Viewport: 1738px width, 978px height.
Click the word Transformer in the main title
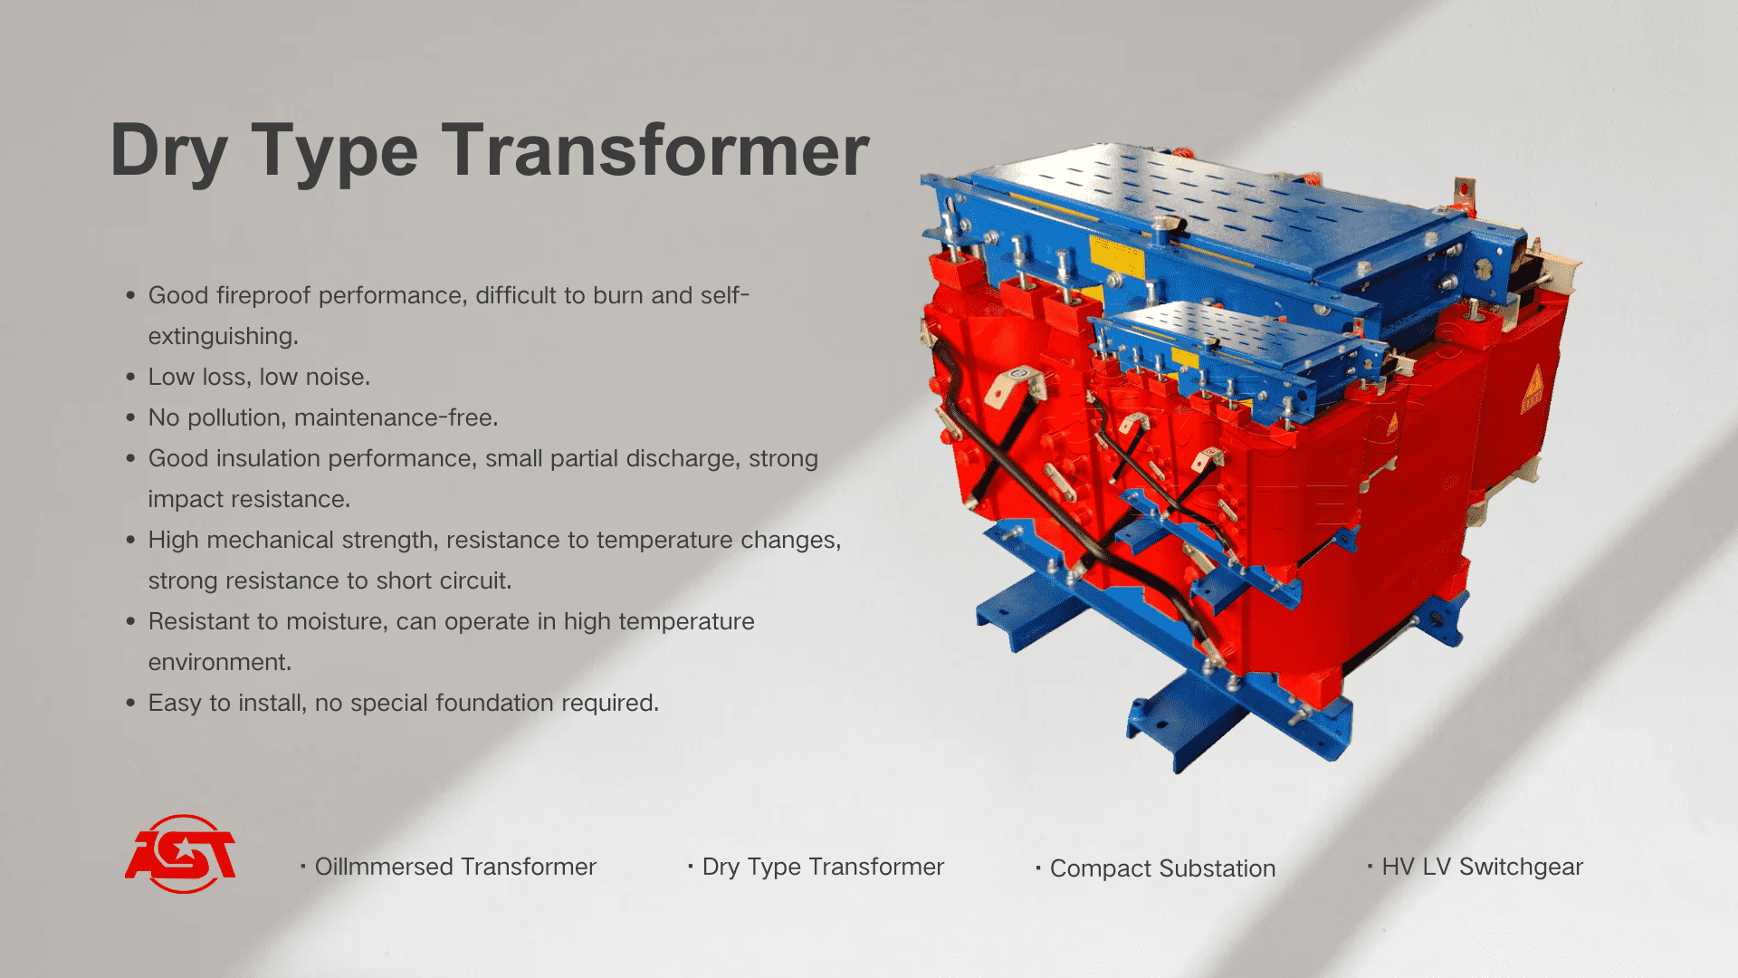(x=655, y=150)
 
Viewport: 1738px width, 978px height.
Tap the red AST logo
(x=181, y=854)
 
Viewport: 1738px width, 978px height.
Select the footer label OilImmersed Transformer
(x=454, y=867)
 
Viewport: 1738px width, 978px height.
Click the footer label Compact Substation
(x=1162, y=868)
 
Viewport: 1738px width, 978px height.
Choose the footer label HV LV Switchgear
(x=1482, y=867)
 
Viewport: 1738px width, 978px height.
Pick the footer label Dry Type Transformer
(x=823, y=867)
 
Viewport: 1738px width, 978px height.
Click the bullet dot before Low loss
(x=131, y=377)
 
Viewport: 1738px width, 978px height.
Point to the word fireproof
(x=263, y=296)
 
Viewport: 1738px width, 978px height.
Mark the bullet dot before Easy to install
(x=131, y=703)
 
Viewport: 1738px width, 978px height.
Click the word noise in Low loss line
(x=339, y=377)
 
